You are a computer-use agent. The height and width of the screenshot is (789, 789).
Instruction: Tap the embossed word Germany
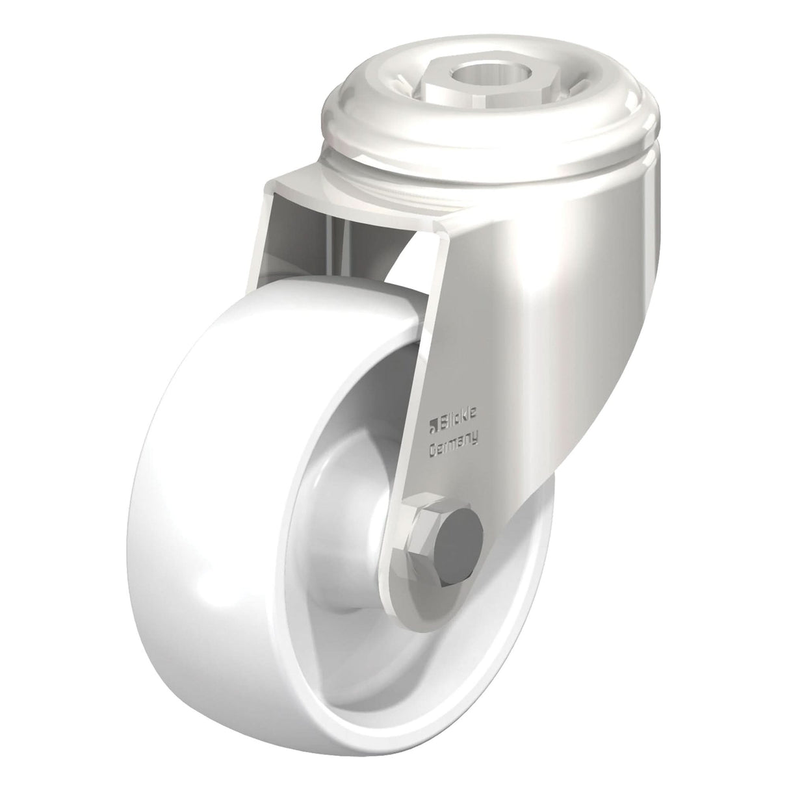(454, 444)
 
